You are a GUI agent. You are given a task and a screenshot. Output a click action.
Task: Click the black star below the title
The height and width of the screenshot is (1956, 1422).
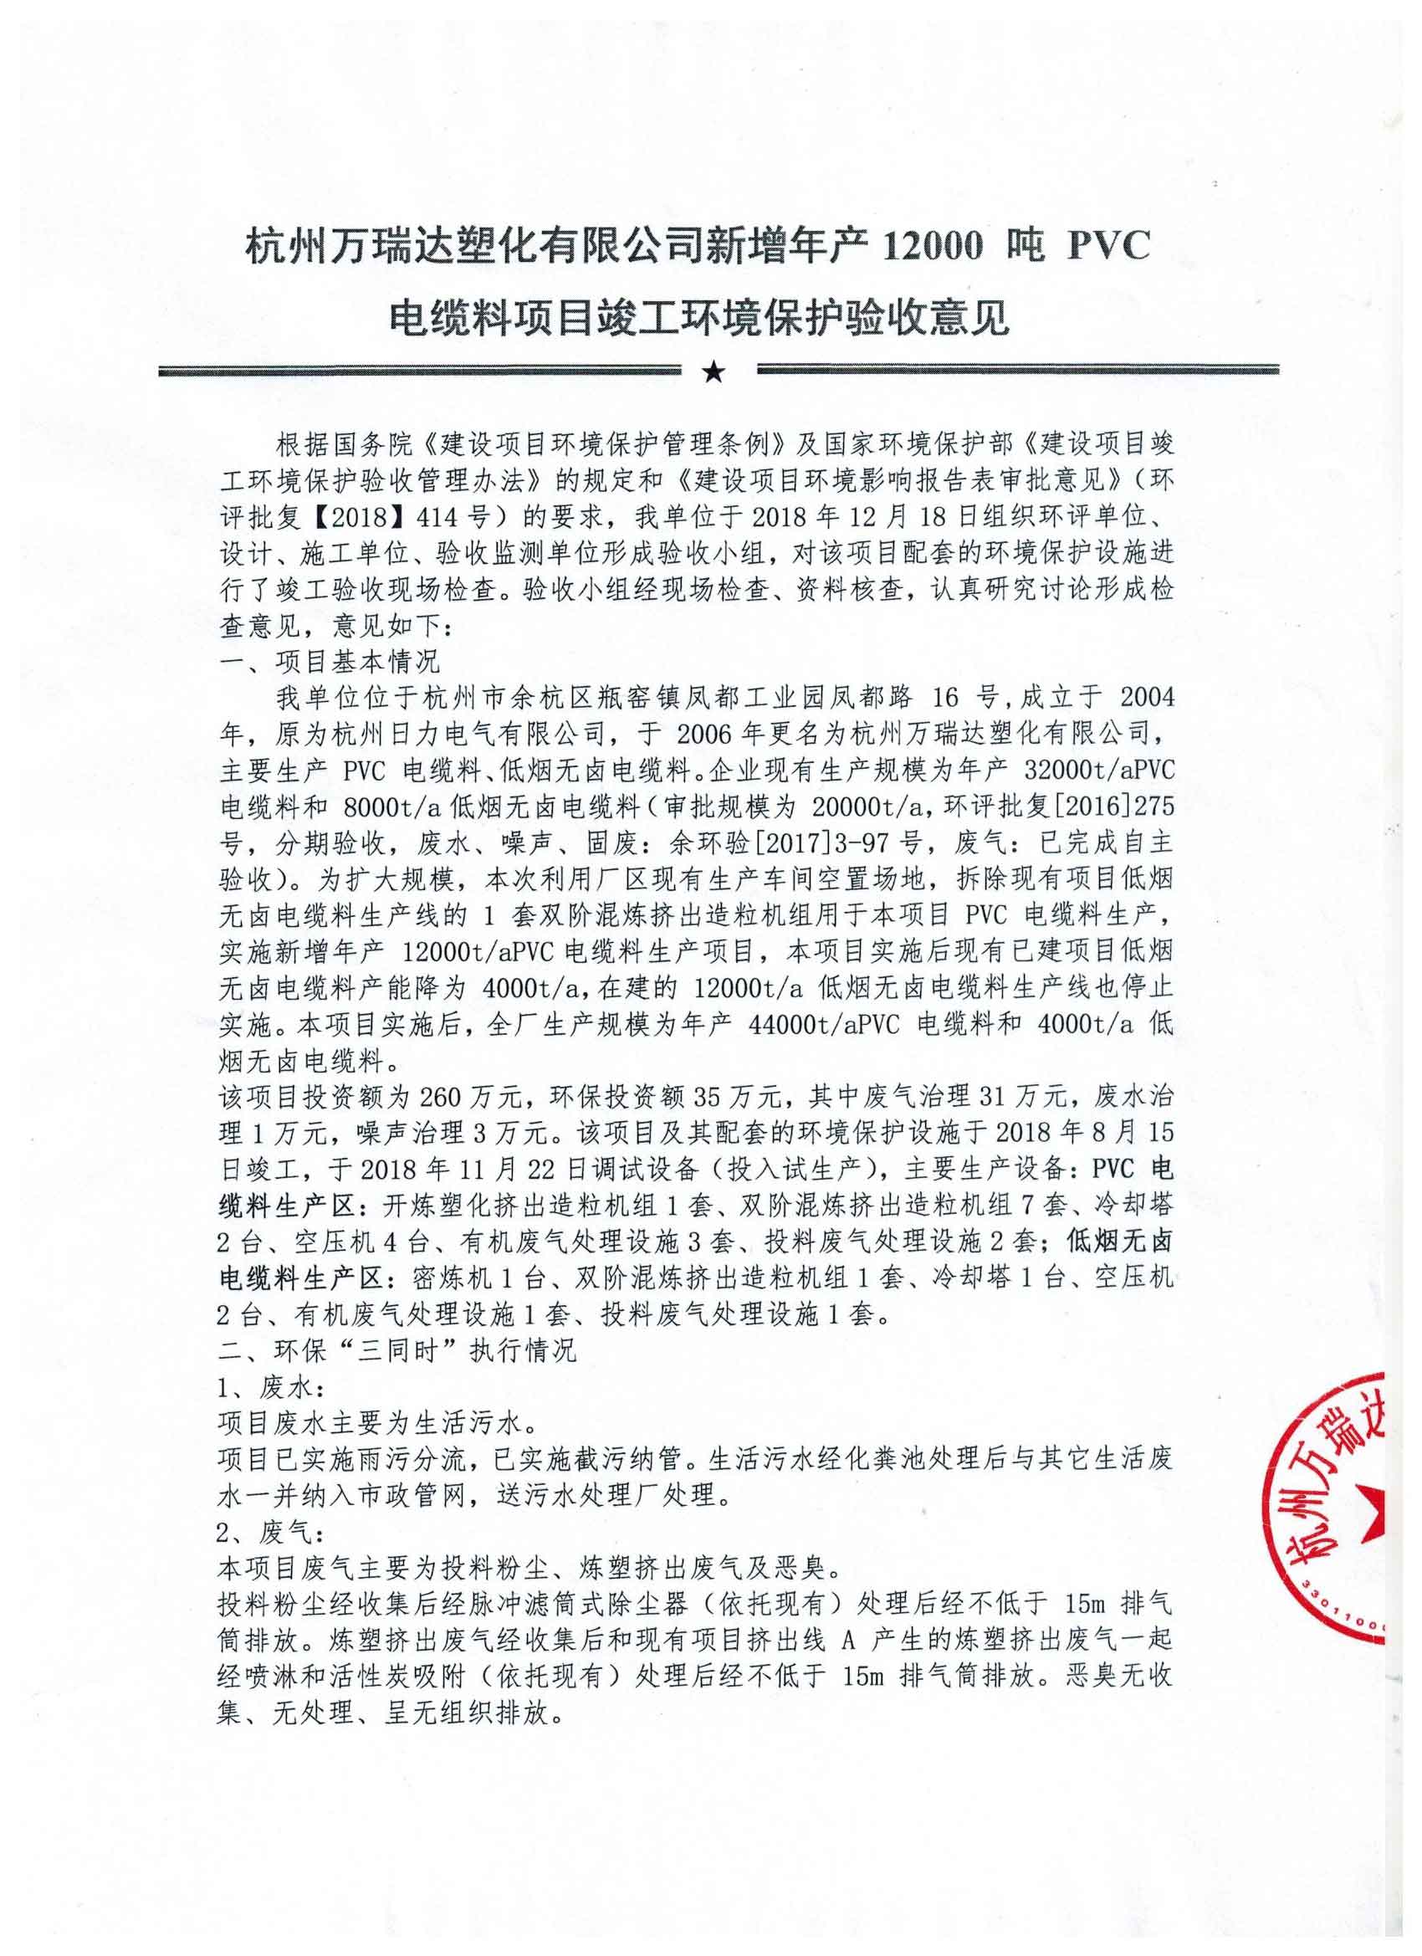click(713, 372)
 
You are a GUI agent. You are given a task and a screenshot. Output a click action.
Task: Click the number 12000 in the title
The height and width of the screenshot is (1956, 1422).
click(928, 248)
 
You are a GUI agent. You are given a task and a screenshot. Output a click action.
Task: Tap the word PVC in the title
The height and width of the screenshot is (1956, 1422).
click(1110, 248)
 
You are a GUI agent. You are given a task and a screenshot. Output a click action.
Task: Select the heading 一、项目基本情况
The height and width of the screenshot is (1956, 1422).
click(331, 662)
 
